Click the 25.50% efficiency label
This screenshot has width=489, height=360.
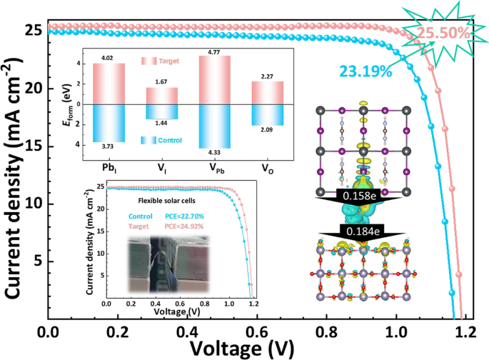[x=444, y=33]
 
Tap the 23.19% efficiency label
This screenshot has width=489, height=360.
[x=361, y=71]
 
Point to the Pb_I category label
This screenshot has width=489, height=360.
[x=109, y=164]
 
